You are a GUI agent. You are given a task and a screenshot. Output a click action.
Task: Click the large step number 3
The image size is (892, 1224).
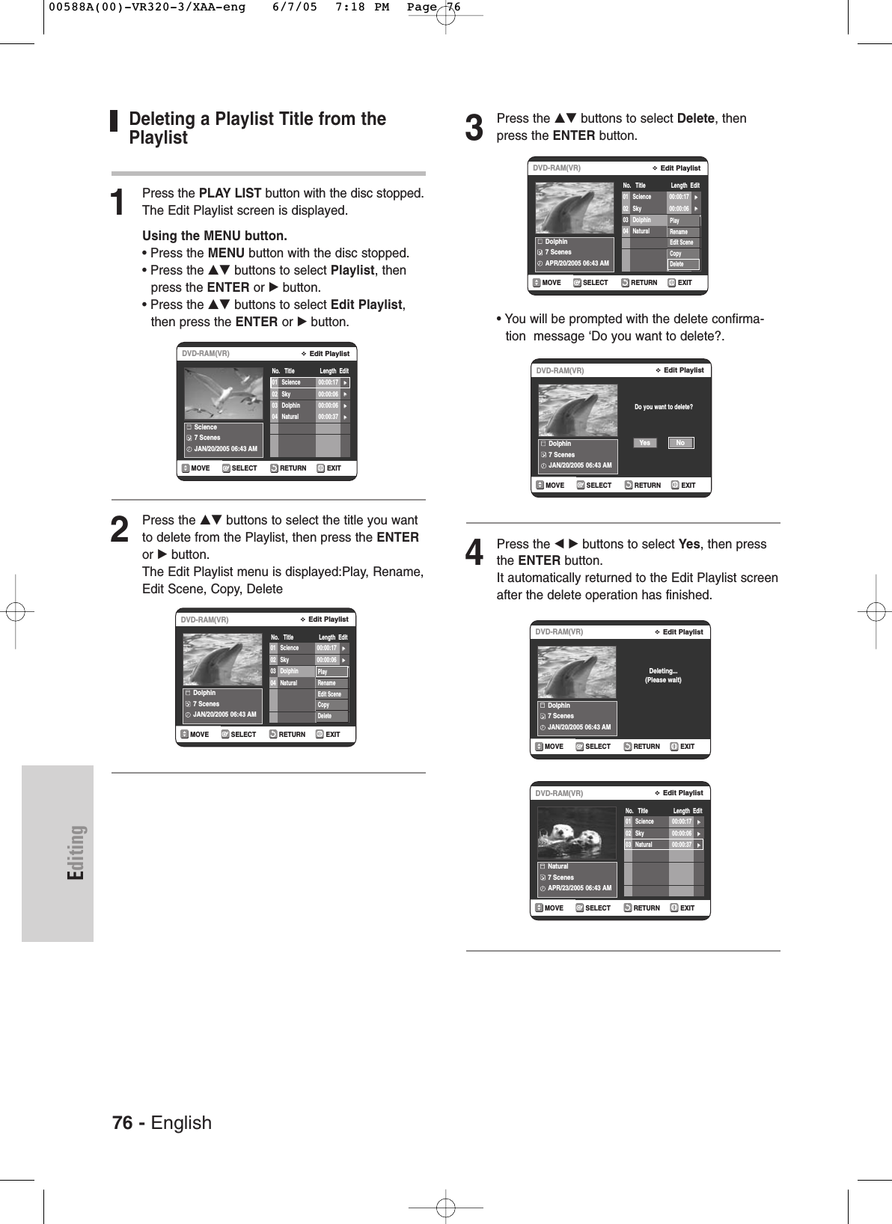[x=474, y=128]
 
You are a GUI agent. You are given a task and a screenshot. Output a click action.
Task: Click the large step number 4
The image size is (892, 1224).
[x=474, y=554]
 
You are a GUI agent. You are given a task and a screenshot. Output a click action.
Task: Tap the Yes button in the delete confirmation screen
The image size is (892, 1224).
[x=644, y=443]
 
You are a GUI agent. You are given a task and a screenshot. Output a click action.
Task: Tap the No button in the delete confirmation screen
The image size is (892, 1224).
[x=680, y=443]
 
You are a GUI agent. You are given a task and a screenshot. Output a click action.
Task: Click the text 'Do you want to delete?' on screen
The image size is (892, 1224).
[x=663, y=407]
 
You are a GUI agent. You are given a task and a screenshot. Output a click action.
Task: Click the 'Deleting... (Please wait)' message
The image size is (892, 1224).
[x=663, y=676]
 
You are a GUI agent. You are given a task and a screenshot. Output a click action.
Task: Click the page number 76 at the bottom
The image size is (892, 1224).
[x=122, y=1122]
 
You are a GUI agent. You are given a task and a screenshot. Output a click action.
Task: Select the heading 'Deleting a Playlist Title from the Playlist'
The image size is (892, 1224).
[x=257, y=128]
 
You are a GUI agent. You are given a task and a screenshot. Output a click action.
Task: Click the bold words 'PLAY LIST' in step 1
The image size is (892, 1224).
[x=230, y=193]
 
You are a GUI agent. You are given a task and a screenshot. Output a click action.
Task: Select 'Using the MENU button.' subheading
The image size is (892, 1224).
[x=215, y=236]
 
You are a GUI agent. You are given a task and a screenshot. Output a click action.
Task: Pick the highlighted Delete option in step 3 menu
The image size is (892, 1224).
[x=683, y=264]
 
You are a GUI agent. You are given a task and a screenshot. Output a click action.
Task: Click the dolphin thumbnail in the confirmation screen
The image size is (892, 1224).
[x=578, y=411]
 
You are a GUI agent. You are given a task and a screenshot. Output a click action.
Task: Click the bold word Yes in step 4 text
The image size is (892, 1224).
[x=689, y=544]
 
